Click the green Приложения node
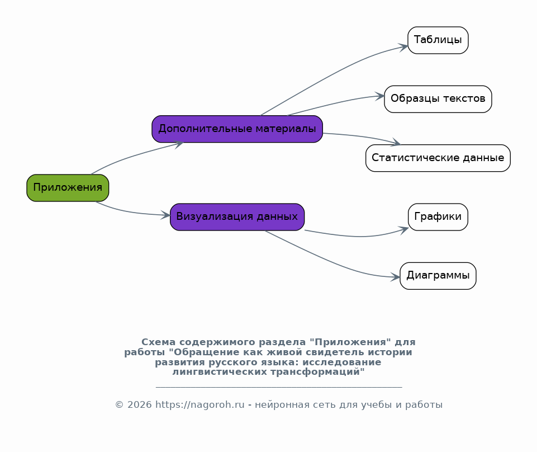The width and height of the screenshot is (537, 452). tap(68, 188)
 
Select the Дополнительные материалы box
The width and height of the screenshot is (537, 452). tap(237, 129)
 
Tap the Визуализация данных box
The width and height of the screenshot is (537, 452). tap(237, 217)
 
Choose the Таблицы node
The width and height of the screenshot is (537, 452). tap(438, 40)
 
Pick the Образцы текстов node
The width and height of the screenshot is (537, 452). tap(438, 99)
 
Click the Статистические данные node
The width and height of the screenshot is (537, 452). tap(438, 158)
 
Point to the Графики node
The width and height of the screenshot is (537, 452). tap(438, 217)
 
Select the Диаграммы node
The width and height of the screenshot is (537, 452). tap(438, 276)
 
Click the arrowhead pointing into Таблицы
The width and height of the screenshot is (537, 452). tap(403, 47)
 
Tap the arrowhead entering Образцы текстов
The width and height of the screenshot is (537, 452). tap(379, 96)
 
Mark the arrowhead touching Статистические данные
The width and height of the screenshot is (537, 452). tap(396, 142)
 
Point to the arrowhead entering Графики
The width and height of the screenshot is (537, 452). tap(403, 229)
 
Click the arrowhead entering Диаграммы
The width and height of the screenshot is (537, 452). tap(395, 277)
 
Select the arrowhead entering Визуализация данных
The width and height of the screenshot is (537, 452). tap(165, 215)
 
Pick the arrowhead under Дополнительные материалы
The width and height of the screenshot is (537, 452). tap(179, 145)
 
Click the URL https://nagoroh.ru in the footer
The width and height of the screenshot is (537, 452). tap(200, 404)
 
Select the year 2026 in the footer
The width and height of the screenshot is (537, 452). tap(139, 404)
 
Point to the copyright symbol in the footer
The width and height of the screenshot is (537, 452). tap(119, 405)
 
